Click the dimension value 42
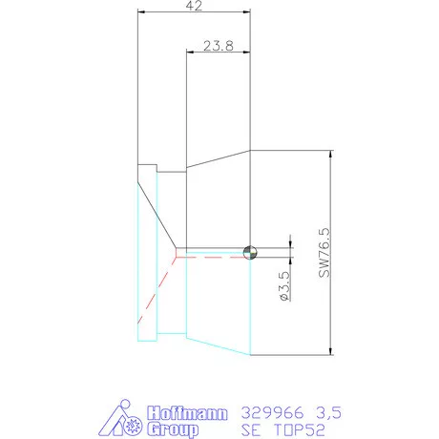194,6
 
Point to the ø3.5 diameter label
283,287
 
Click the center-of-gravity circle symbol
250,252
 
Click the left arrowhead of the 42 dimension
142,11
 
